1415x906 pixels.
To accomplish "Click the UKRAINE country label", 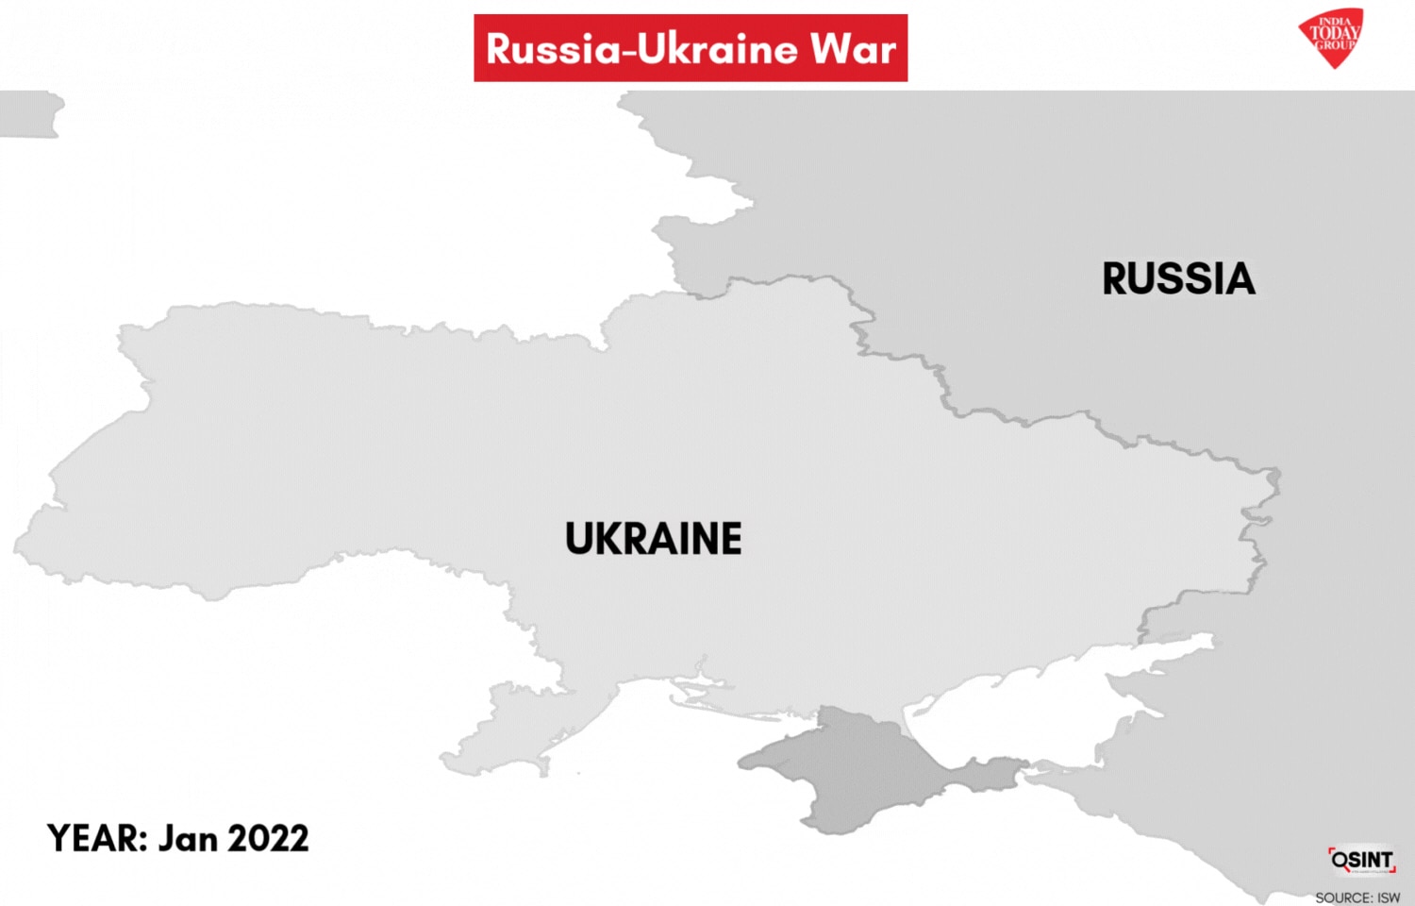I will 653,539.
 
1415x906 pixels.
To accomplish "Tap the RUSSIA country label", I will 1178,279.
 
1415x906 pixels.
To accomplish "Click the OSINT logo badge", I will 1361,860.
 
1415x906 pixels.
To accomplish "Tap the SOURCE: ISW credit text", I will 1357,898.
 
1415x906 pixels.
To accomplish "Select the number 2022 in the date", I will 268,838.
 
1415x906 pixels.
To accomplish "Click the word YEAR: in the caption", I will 97,838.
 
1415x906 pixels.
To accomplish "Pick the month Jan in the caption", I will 188,838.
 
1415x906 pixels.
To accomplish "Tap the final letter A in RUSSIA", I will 1239,279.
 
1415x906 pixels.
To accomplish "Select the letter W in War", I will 830,49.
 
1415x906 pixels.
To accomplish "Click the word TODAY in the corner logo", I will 1334,32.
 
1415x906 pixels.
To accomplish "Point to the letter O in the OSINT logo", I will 1340,860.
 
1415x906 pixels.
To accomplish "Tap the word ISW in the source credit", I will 1389,898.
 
